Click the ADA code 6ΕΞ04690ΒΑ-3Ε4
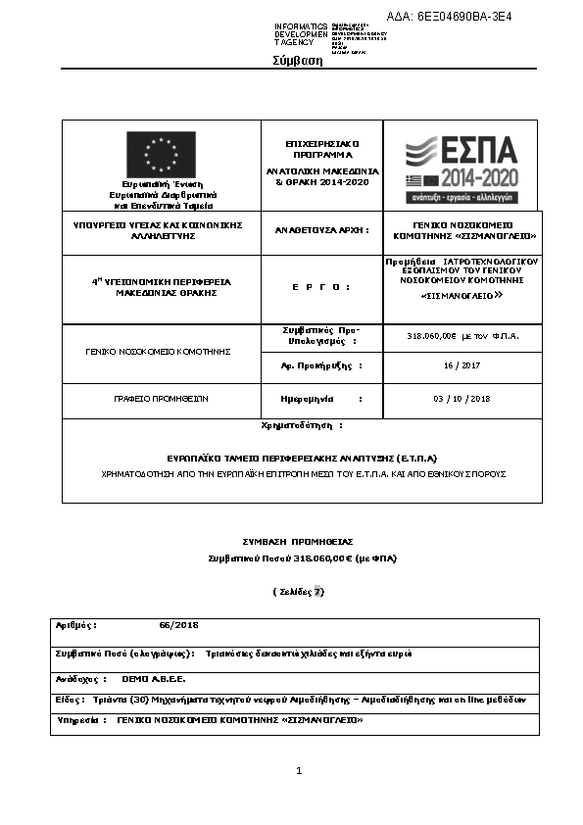[462, 17]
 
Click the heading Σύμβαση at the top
[297, 61]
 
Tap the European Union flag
[160, 155]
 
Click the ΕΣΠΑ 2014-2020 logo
[461, 166]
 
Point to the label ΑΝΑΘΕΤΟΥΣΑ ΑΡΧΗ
[320, 230]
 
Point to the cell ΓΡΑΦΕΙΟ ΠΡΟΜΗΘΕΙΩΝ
[160, 399]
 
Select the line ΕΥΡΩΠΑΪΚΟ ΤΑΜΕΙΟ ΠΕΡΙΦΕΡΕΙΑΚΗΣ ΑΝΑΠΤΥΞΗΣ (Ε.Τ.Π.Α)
[302, 458]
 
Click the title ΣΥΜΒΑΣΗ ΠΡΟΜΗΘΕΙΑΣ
[298, 541]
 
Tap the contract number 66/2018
[178, 624]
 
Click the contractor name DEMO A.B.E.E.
[153, 678]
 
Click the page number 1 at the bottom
[299, 771]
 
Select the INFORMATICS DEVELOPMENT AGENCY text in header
[302, 34]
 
